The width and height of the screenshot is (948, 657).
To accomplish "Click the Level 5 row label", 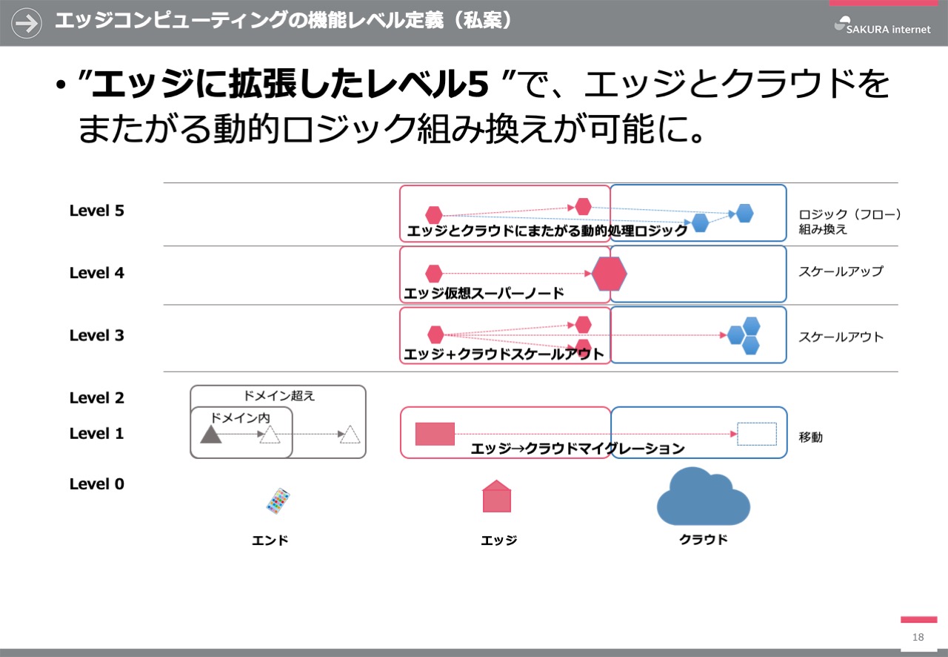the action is pyautogui.click(x=96, y=211).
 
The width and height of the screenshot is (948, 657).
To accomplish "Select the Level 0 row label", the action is pyautogui.click(x=96, y=483).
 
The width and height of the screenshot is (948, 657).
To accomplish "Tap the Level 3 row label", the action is pyautogui.click(x=96, y=335).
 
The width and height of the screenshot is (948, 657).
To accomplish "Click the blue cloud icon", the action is pyautogui.click(x=703, y=496).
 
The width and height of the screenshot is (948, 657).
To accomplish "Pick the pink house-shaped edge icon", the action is pyautogui.click(x=497, y=496).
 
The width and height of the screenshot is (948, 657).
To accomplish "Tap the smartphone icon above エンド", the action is pyautogui.click(x=278, y=501).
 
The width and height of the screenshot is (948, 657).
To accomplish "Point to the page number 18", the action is pyautogui.click(x=918, y=637).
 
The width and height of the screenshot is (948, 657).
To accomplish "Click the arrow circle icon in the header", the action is pyautogui.click(x=26, y=23).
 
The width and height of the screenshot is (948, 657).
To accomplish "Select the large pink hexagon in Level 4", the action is pyautogui.click(x=609, y=274).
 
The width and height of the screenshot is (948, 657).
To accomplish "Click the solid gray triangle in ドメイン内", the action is pyautogui.click(x=211, y=435).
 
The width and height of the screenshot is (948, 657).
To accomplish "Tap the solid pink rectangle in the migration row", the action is pyautogui.click(x=435, y=434).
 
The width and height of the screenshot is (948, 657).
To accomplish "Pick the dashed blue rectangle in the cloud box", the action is pyautogui.click(x=757, y=434).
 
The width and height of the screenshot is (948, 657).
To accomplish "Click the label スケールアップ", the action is pyautogui.click(x=841, y=271).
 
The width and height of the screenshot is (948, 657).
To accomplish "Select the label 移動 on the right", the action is pyautogui.click(x=810, y=437).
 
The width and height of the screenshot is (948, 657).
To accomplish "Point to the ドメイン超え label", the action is pyautogui.click(x=279, y=396).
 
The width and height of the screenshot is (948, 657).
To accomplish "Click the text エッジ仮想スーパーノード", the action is pyautogui.click(x=484, y=293).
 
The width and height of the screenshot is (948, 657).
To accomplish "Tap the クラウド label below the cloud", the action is pyautogui.click(x=704, y=540).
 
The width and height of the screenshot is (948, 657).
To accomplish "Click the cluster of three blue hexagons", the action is pyautogui.click(x=744, y=335).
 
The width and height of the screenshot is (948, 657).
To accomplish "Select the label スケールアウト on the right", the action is pyautogui.click(x=841, y=337).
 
